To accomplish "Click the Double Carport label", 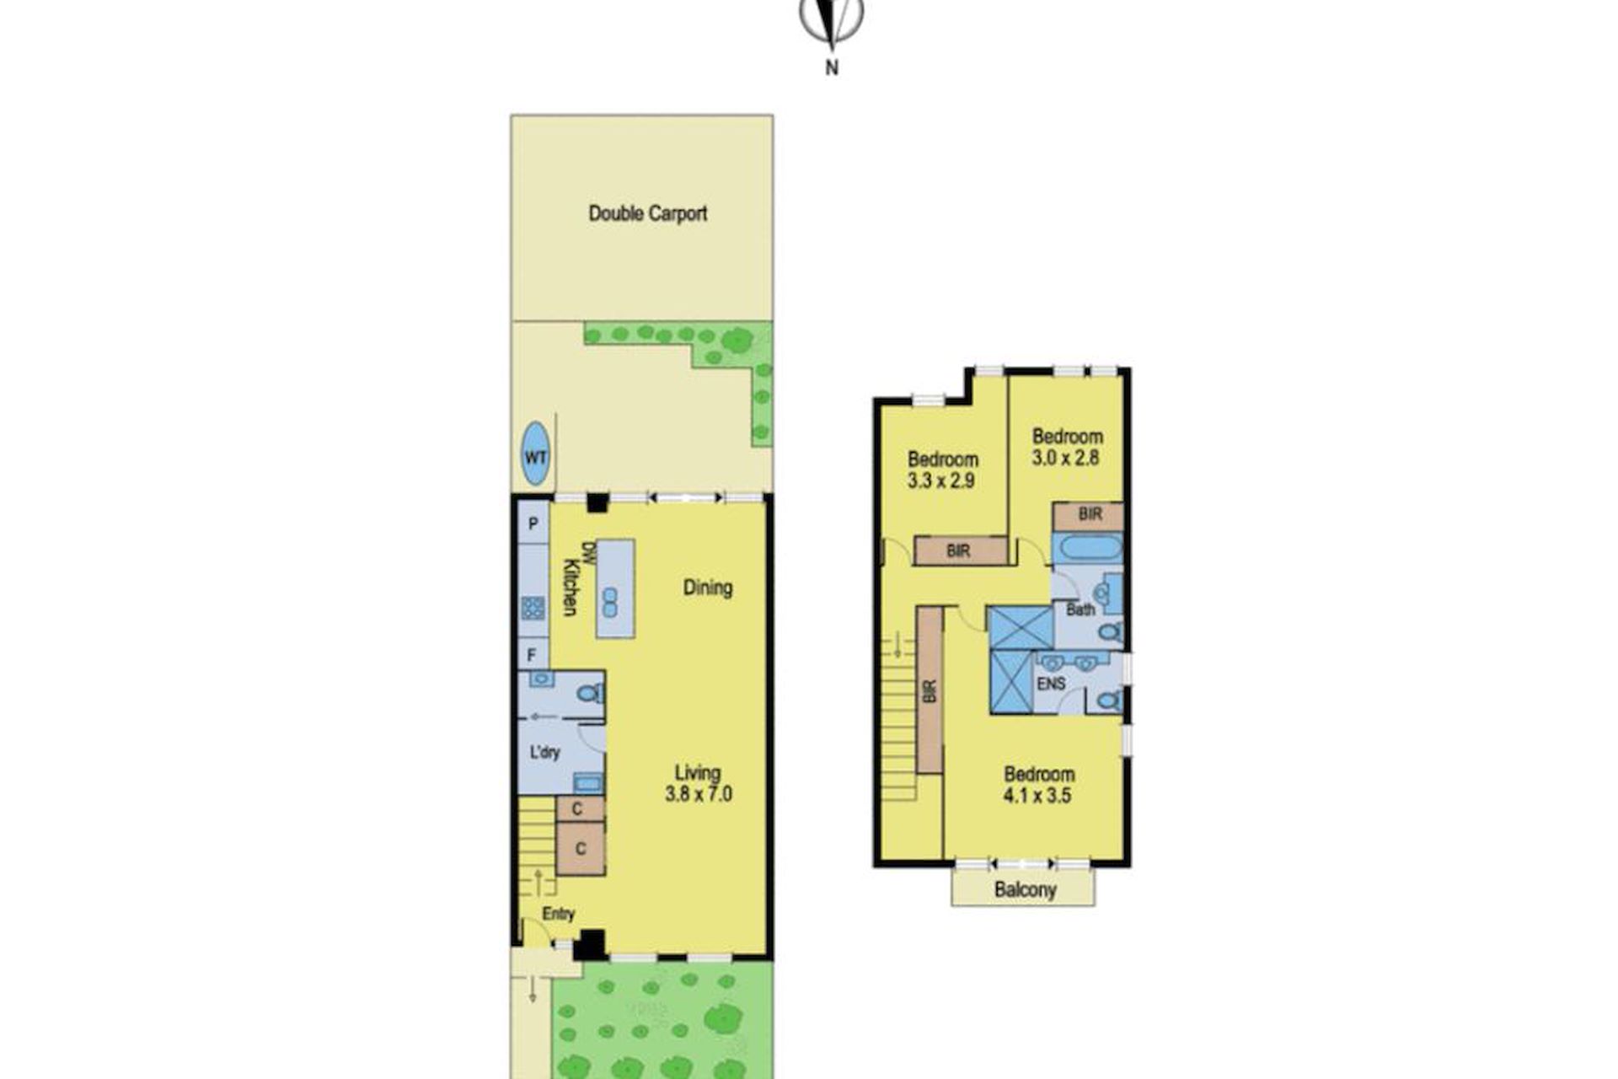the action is [x=647, y=213].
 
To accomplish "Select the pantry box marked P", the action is [x=533, y=523].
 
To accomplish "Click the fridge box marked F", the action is [x=533, y=654].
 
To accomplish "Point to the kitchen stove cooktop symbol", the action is [x=533, y=607].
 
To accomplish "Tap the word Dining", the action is [x=707, y=588].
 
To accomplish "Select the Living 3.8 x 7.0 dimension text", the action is [x=698, y=782].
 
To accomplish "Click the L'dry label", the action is [x=544, y=751].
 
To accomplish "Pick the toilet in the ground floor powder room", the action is [x=590, y=693].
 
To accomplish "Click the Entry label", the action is [x=558, y=914].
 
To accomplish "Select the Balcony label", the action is [x=1025, y=889].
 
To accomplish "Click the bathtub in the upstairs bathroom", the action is [x=1091, y=549].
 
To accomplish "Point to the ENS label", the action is [x=1051, y=684].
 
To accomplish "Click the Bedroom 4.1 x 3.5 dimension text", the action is [x=1038, y=784].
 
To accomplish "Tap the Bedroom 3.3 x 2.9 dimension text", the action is [x=942, y=470].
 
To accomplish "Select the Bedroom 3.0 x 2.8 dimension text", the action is [x=1067, y=447].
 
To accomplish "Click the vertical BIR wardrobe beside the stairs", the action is [x=930, y=690].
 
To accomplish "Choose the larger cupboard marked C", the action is [x=581, y=848].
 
